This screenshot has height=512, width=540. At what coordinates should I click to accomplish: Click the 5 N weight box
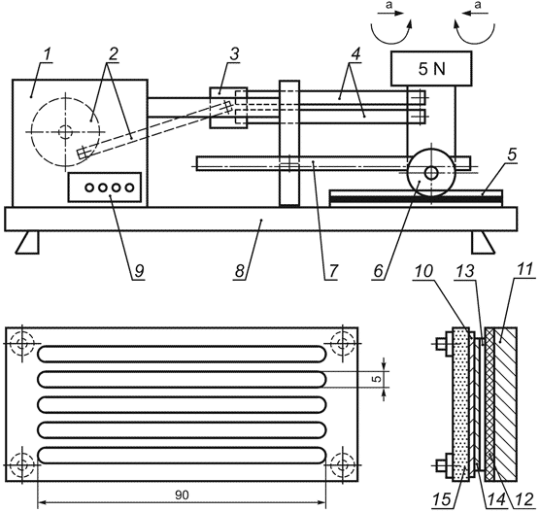[x=430, y=69]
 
